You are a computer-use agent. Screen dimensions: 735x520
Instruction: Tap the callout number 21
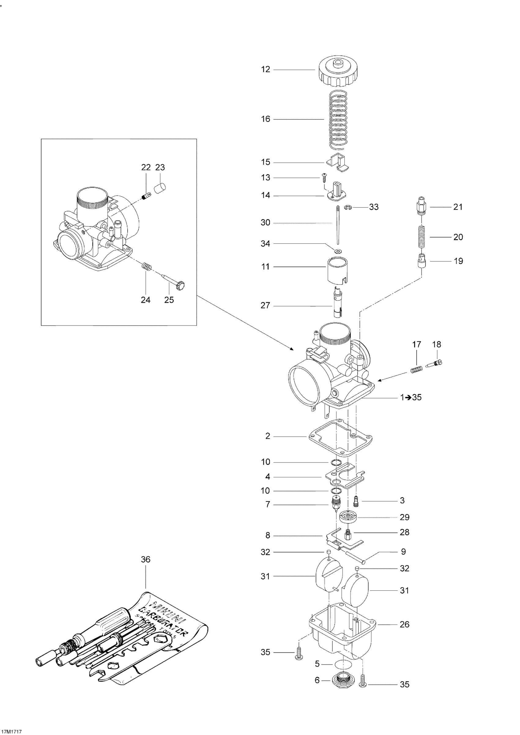click(458, 207)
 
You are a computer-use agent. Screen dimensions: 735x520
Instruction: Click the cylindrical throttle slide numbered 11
click(337, 270)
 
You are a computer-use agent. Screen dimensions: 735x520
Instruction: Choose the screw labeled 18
click(435, 363)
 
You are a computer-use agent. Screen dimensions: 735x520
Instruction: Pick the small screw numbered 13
click(324, 176)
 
